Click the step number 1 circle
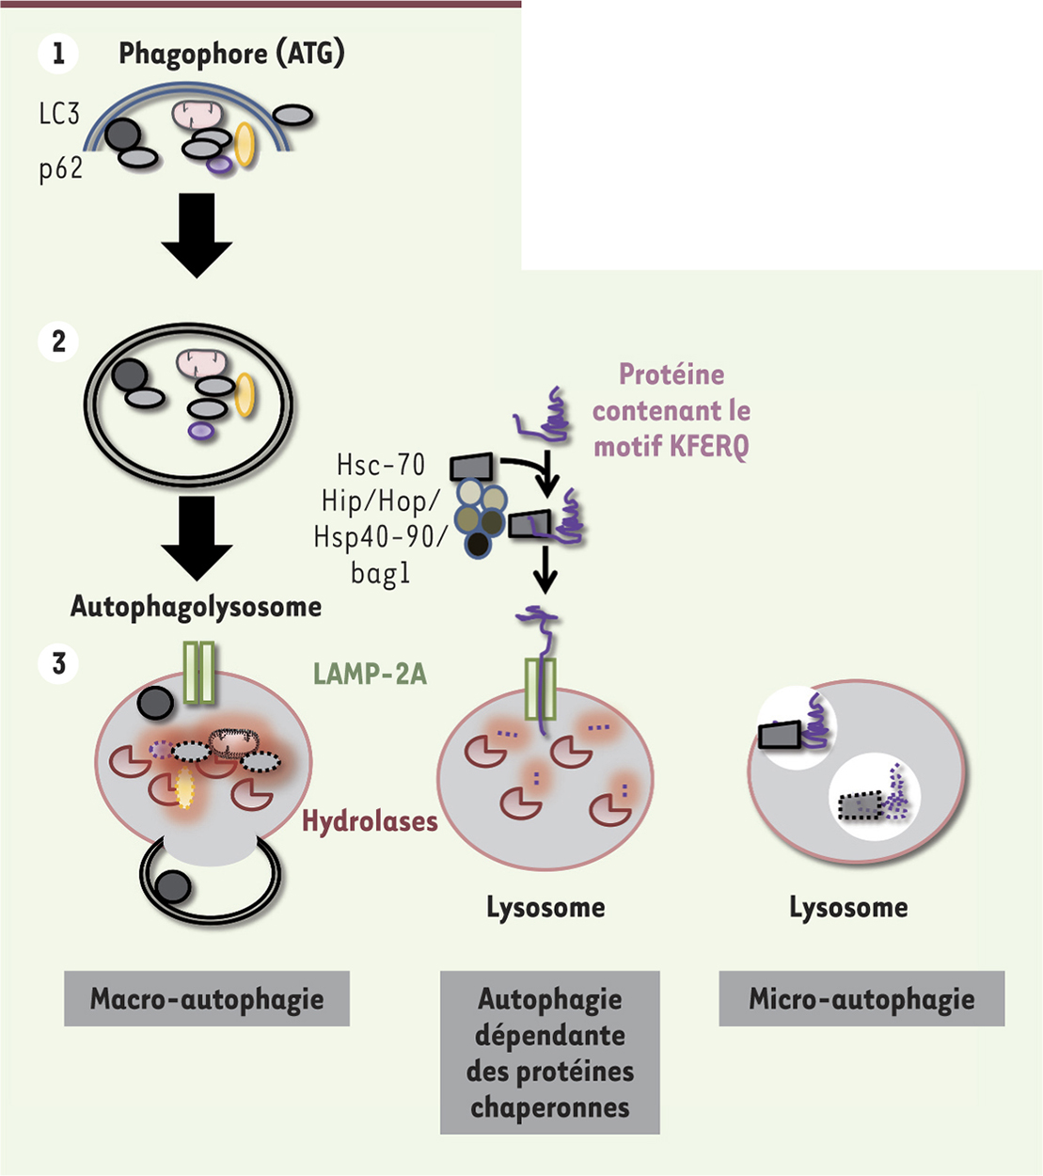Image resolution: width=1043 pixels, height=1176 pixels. (58, 54)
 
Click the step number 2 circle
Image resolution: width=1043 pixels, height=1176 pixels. (58, 341)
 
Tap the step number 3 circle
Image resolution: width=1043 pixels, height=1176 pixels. (58, 664)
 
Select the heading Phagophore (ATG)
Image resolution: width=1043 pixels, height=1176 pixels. (231, 54)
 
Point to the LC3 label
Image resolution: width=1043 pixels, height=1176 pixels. (59, 115)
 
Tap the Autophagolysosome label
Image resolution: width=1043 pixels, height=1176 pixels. (196, 607)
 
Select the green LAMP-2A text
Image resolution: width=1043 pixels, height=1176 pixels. (370, 673)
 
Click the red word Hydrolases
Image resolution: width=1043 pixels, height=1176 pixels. (370, 821)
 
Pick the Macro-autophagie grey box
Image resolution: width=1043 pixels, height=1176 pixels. (207, 998)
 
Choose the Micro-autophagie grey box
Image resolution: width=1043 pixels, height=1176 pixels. (861, 998)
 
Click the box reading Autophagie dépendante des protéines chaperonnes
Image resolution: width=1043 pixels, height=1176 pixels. (550, 1052)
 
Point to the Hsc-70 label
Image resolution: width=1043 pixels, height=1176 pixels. (381, 465)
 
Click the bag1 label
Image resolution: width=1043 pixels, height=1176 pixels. (380, 573)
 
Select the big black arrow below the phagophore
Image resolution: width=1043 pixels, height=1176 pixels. (197, 234)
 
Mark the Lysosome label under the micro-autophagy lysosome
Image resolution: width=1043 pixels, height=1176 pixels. (848, 908)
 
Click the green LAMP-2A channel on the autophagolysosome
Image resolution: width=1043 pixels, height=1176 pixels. (198, 672)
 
